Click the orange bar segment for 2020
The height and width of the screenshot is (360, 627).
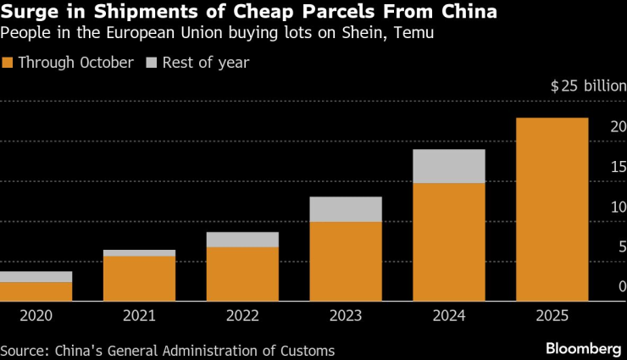[36, 291]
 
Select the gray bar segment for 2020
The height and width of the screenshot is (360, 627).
[36, 277]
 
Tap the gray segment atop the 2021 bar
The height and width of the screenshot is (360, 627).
[139, 253]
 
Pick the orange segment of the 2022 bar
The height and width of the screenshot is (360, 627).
[242, 274]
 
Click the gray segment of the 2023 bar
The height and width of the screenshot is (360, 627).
[346, 209]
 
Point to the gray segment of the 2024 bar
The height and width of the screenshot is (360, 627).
[449, 166]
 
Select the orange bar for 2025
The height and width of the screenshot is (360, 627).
[552, 209]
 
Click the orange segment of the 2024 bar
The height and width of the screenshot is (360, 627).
[449, 241]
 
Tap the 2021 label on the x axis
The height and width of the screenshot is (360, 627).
[139, 316]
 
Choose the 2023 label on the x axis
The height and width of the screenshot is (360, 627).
[346, 316]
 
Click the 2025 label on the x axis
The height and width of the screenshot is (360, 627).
[552, 316]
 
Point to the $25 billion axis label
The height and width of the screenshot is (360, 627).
[588, 86]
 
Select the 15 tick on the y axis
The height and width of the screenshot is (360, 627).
[619, 167]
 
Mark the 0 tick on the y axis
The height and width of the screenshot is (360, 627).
[622, 287]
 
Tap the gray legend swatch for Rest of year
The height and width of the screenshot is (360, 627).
[153, 63]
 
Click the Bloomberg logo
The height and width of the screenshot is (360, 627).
[583, 349]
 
